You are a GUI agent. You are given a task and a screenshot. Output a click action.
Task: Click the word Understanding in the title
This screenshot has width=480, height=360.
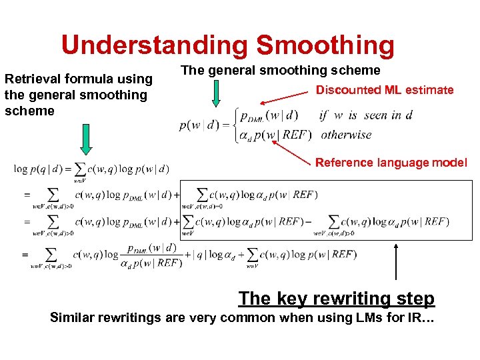(x=155, y=45)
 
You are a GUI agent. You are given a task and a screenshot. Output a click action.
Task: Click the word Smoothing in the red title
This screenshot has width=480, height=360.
(x=325, y=45)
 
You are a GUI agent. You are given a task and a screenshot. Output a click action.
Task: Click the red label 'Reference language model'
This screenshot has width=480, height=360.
(x=391, y=162)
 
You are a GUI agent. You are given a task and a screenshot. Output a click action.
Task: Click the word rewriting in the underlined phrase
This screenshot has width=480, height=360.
(x=346, y=298)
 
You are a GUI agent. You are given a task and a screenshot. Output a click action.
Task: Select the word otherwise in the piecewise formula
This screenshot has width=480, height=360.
(x=346, y=134)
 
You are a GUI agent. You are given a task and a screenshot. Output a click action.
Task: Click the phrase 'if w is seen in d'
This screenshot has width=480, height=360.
(x=366, y=115)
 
